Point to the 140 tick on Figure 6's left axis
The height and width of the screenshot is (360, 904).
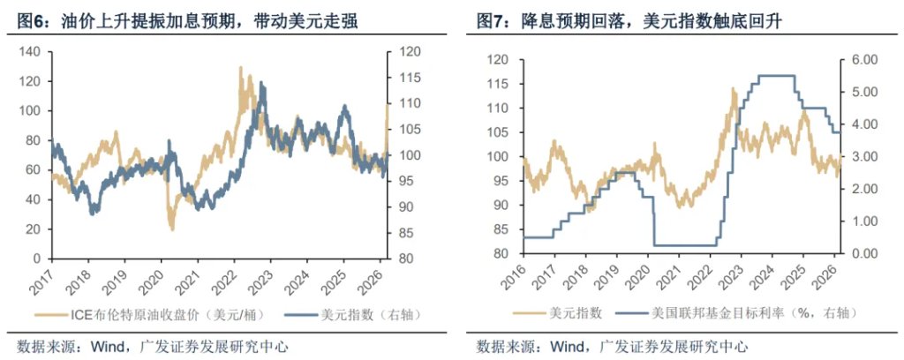[30, 52]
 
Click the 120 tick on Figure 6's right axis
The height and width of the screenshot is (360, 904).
[400, 52]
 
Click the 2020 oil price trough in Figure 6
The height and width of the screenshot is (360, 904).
[171, 229]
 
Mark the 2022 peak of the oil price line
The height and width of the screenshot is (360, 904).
[240, 68]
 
